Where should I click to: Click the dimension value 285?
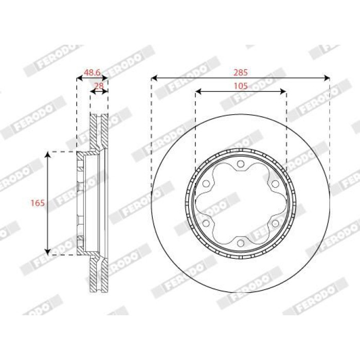pyautogui.click(x=241, y=73)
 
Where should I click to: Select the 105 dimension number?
pyautogui.click(x=241, y=86)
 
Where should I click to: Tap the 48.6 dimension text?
pyautogui.click(x=92, y=73)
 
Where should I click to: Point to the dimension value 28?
pyautogui.click(x=99, y=86)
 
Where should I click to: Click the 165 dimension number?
pyautogui.click(x=38, y=203)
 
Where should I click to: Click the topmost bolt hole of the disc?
pyautogui.click(x=241, y=164)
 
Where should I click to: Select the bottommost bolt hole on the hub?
pyautogui.click(x=241, y=243)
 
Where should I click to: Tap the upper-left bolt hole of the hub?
pyautogui.click(x=206, y=184)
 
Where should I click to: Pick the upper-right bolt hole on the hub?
pyautogui.click(x=275, y=184)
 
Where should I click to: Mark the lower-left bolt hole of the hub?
pyautogui.click(x=206, y=223)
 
